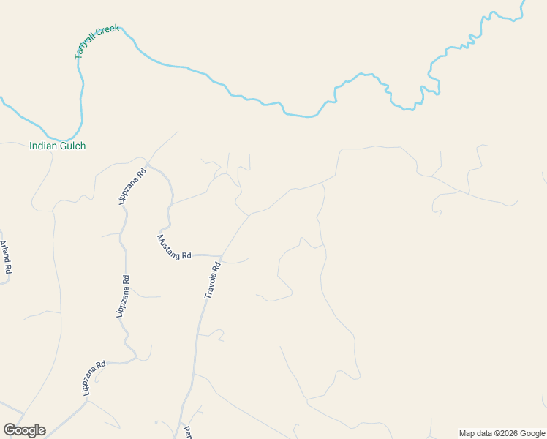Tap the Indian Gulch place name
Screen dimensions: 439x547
click(x=57, y=146)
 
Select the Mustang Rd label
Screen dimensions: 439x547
click(x=173, y=247)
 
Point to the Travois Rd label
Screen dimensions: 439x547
click(x=212, y=281)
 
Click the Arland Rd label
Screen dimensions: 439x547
click(x=6, y=257)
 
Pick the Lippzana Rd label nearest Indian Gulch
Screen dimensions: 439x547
click(x=132, y=187)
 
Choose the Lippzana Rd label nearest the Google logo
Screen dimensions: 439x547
click(x=94, y=378)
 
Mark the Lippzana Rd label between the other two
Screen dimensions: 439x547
click(x=123, y=296)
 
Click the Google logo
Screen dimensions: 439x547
click(x=24, y=430)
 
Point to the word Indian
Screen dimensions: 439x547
click(x=42, y=146)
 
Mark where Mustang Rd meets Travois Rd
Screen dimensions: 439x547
click(x=222, y=257)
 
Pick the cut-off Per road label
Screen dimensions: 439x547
click(x=187, y=432)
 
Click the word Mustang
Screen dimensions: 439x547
click(x=169, y=244)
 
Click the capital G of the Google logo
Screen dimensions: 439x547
click(x=10, y=429)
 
